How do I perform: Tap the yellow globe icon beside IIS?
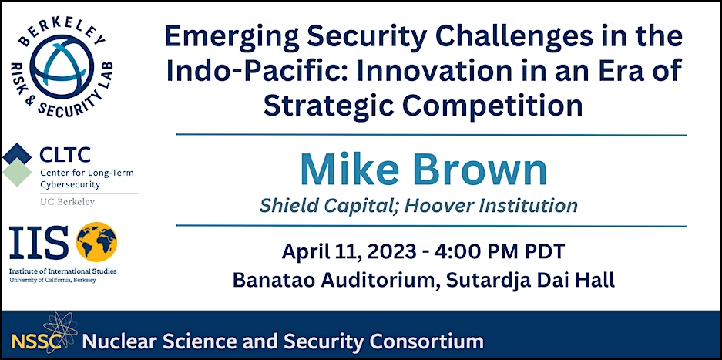pos(96,243)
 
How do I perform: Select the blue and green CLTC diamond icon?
pos(17,164)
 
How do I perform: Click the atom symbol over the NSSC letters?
pos(60,331)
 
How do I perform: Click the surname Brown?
pos(480,170)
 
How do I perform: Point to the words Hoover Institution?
pos(492,205)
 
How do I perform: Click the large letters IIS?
pos(39,243)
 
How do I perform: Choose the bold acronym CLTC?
pos(65,156)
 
